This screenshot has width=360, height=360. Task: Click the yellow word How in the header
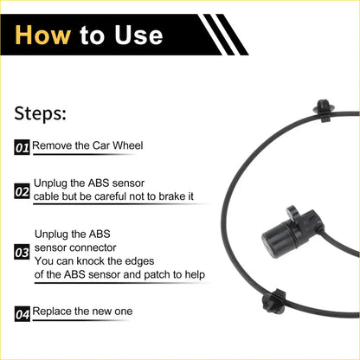tap(42, 35)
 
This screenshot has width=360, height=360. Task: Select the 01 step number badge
tap(22, 148)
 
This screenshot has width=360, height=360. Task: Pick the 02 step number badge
tap(22, 190)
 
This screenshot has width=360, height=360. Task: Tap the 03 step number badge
tap(22, 254)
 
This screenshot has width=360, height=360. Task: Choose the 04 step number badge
tap(22, 314)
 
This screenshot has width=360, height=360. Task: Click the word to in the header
tap(92, 35)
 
